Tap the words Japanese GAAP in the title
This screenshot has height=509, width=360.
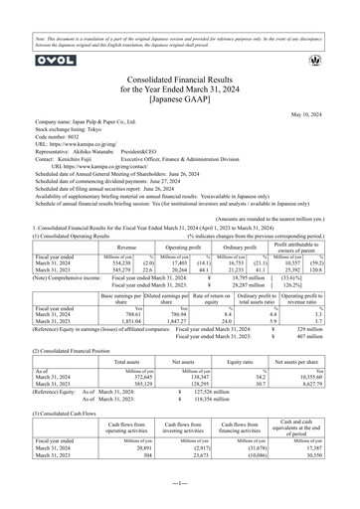[180, 97]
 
